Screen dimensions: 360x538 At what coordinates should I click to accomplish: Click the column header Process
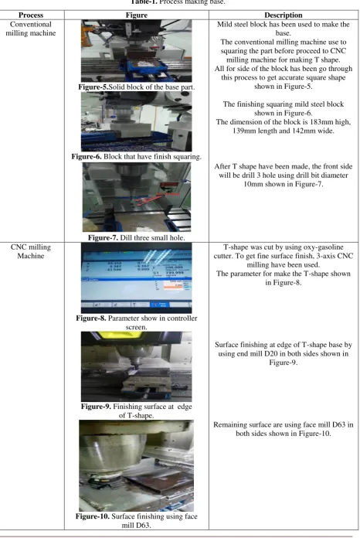coord(31,15)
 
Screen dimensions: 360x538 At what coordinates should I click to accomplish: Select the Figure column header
coord(137,15)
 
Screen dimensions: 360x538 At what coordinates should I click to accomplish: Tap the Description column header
coord(284,15)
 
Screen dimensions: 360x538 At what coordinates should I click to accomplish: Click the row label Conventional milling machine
coord(31,29)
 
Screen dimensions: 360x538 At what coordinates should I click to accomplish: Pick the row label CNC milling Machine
coord(31,251)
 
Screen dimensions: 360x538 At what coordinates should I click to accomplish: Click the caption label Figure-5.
coord(93,87)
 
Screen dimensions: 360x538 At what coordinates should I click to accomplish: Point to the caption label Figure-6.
coord(87,156)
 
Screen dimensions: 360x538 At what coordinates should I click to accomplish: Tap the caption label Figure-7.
coord(103,237)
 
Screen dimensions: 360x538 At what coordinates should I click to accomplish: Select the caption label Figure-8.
coord(91,318)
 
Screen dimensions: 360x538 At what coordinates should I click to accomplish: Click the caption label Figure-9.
coord(96,407)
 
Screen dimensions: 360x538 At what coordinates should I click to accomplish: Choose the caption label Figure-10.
coord(93,516)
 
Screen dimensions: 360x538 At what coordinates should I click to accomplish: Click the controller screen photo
coord(137,278)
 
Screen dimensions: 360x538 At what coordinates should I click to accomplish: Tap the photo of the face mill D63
coord(137,465)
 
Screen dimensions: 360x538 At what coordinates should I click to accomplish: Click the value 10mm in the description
coord(253,184)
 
